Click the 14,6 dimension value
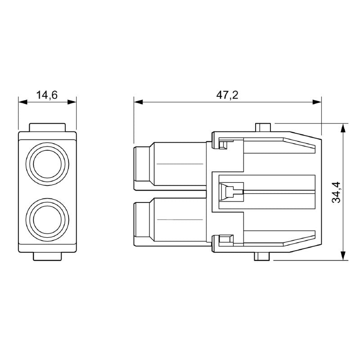tap(47, 95)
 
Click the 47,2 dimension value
tap(227, 95)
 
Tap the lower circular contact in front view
tap(47, 217)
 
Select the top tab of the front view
tap(47, 127)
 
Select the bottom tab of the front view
tap(47, 256)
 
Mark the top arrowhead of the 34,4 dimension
tap(343, 127)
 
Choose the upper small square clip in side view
tap(224, 144)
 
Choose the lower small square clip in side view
tap(224, 239)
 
